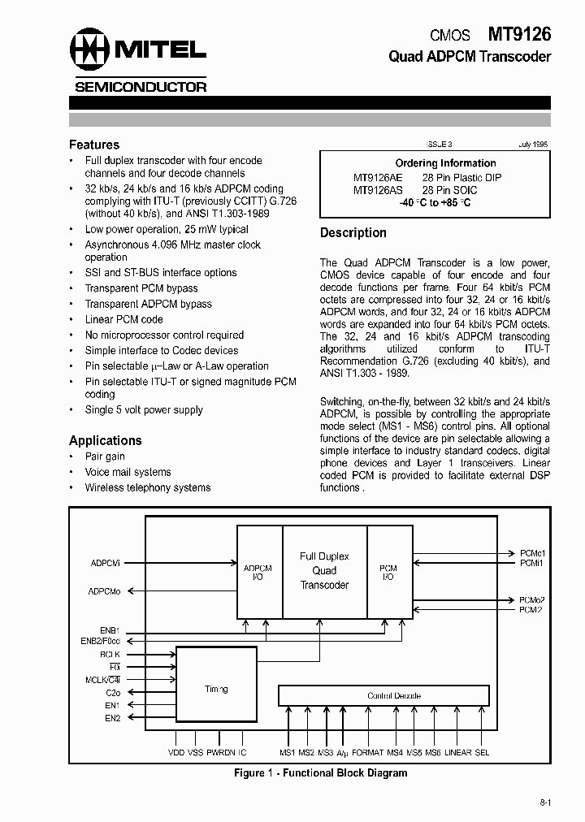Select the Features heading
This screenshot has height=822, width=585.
click(94, 145)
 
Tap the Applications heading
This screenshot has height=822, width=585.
click(106, 440)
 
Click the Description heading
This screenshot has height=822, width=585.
click(353, 232)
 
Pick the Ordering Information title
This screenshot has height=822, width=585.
click(435, 163)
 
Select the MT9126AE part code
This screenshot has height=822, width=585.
click(377, 177)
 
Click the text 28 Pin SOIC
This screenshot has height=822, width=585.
click(450, 190)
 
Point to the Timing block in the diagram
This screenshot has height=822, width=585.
click(216, 689)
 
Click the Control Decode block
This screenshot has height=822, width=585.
click(383, 696)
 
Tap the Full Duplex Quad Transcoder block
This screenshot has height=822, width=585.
click(324, 571)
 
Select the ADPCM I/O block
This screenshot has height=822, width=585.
click(258, 572)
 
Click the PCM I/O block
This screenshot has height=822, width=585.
click(389, 572)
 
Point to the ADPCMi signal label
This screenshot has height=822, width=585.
click(106, 562)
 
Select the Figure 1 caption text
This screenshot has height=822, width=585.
click(320, 772)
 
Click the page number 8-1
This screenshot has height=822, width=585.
click(544, 803)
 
